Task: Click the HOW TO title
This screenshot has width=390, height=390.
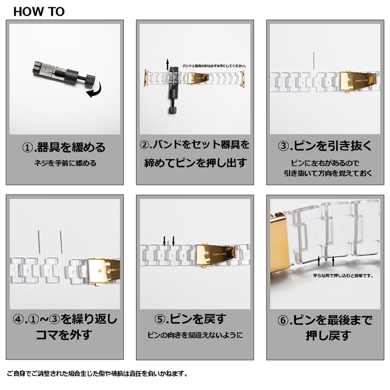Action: [x=38, y=11]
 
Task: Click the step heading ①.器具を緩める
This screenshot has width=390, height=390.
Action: [x=64, y=147]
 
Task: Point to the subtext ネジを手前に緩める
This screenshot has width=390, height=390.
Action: [x=64, y=163]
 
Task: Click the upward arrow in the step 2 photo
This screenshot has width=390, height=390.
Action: [x=168, y=65]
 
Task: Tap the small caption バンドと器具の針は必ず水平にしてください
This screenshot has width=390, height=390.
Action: [x=214, y=66]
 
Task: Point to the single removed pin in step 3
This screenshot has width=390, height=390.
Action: [x=314, y=60]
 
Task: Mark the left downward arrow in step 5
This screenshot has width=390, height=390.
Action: [x=164, y=241]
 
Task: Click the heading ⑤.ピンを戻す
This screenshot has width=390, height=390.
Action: [x=194, y=319]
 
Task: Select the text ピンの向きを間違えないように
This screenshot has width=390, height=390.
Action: [x=195, y=335]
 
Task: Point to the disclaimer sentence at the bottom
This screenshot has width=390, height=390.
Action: [x=97, y=374]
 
